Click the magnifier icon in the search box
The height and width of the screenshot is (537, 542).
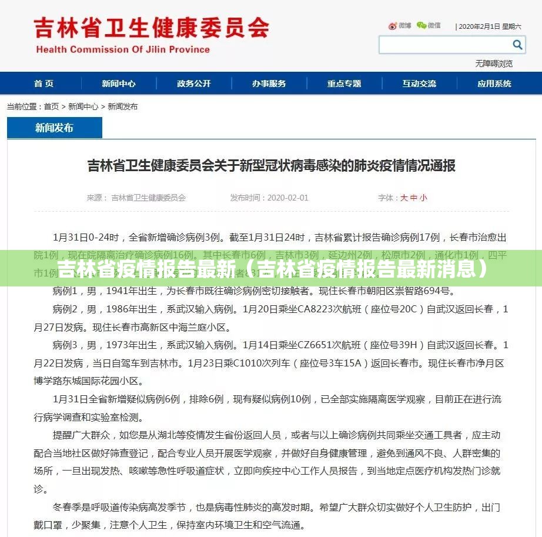[x=517, y=45]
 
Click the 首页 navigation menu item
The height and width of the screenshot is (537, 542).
[x=44, y=84]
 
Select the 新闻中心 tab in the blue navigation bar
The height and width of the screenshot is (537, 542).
[x=119, y=84]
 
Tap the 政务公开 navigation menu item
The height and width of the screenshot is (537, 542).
[x=194, y=84]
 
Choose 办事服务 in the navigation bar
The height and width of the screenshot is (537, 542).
[x=269, y=84]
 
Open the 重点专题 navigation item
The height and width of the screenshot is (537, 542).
[x=344, y=84]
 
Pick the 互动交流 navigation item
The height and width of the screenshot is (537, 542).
[x=419, y=84]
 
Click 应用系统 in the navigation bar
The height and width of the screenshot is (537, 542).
[x=494, y=84]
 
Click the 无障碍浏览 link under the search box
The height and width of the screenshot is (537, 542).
[x=494, y=64]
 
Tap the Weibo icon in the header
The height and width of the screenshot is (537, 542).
[x=393, y=26]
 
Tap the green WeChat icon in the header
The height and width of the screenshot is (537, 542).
[x=421, y=25]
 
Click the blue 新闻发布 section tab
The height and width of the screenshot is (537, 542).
[x=55, y=128]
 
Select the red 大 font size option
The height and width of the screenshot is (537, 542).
[x=404, y=198]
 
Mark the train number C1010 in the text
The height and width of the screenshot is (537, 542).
[x=247, y=364]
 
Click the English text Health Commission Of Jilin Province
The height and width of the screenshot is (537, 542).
[x=123, y=49]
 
